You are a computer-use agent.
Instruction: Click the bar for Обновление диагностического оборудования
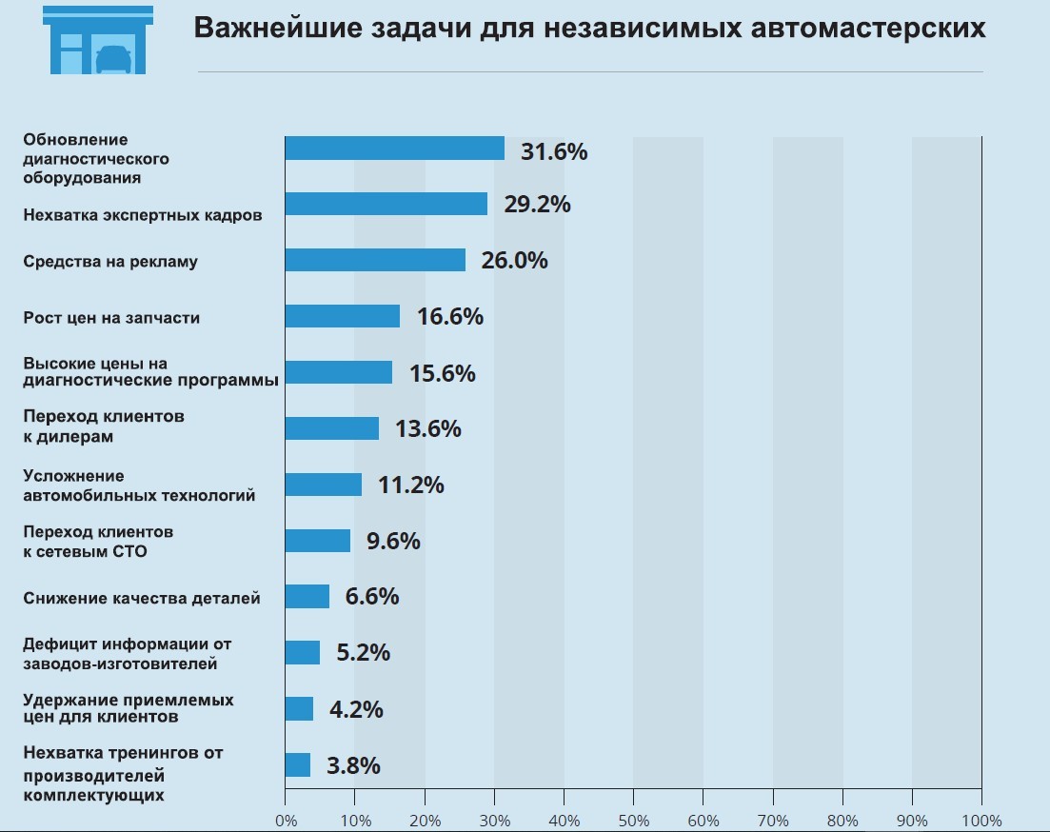(394, 149)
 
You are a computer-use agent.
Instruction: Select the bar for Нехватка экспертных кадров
(386, 204)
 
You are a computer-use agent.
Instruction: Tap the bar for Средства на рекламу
(375, 260)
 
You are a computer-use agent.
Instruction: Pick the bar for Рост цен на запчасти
(342, 316)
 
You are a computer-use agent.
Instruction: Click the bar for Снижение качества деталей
(307, 597)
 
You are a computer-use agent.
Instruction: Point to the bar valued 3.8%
(297, 765)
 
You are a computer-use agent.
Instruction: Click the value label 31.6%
(554, 151)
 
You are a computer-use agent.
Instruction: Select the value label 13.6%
(428, 428)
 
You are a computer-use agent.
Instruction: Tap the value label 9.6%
(393, 541)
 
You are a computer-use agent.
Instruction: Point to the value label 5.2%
(364, 653)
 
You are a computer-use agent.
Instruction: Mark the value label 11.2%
(411, 485)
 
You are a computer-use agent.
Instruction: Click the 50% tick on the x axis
(633, 821)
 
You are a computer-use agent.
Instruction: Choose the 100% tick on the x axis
(981, 821)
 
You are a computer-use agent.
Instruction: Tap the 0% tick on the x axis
(286, 821)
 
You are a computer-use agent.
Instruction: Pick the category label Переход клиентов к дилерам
(104, 426)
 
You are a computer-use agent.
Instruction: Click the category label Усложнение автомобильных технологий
(139, 485)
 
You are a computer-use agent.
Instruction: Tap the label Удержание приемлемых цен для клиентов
(129, 707)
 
